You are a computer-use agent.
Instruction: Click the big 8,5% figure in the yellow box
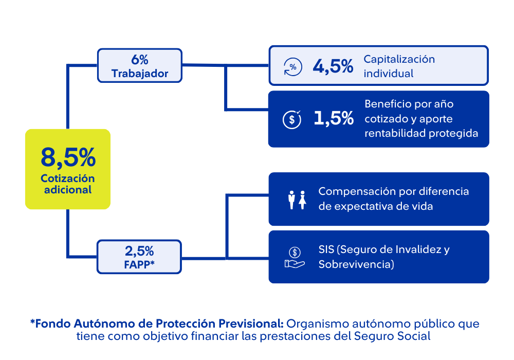(x=68, y=157)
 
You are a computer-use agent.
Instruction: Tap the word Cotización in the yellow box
(x=68, y=178)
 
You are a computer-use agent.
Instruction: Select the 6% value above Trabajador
(x=140, y=59)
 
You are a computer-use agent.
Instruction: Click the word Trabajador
(x=140, y=74)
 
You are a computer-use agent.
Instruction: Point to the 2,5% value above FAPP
(x=139, y=251)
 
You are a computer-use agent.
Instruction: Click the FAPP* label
(x=139, y=265)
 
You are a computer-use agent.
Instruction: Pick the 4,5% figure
(x=333, y=66)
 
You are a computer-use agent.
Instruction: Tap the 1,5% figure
(x=333, y=119)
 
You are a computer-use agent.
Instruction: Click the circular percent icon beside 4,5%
(x=293, y=67)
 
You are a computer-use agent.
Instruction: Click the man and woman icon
(x=297, y=200)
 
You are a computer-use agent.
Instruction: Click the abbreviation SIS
(x=326, y=250)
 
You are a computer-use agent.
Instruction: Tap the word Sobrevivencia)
(x=356, y=264)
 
